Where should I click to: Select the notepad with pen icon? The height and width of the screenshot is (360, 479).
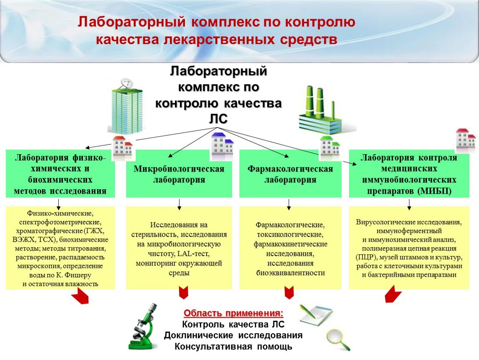tap(316, 315)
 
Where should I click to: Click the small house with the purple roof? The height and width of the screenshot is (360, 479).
tap(222, 146)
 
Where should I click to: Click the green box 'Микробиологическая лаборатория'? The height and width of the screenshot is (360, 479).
tap(179, 174)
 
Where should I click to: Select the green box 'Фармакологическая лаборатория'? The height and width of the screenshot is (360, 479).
tap(290, 174)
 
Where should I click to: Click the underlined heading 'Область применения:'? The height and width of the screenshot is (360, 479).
tap(233, 313)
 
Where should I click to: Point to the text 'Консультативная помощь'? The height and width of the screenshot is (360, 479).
tap(233, 346)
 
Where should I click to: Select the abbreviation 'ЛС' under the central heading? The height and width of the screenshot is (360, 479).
tap(218, 119)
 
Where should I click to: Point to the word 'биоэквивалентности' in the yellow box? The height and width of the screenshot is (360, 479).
tap(290, 273)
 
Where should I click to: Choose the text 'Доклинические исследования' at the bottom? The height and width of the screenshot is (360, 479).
tap(233, 335)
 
